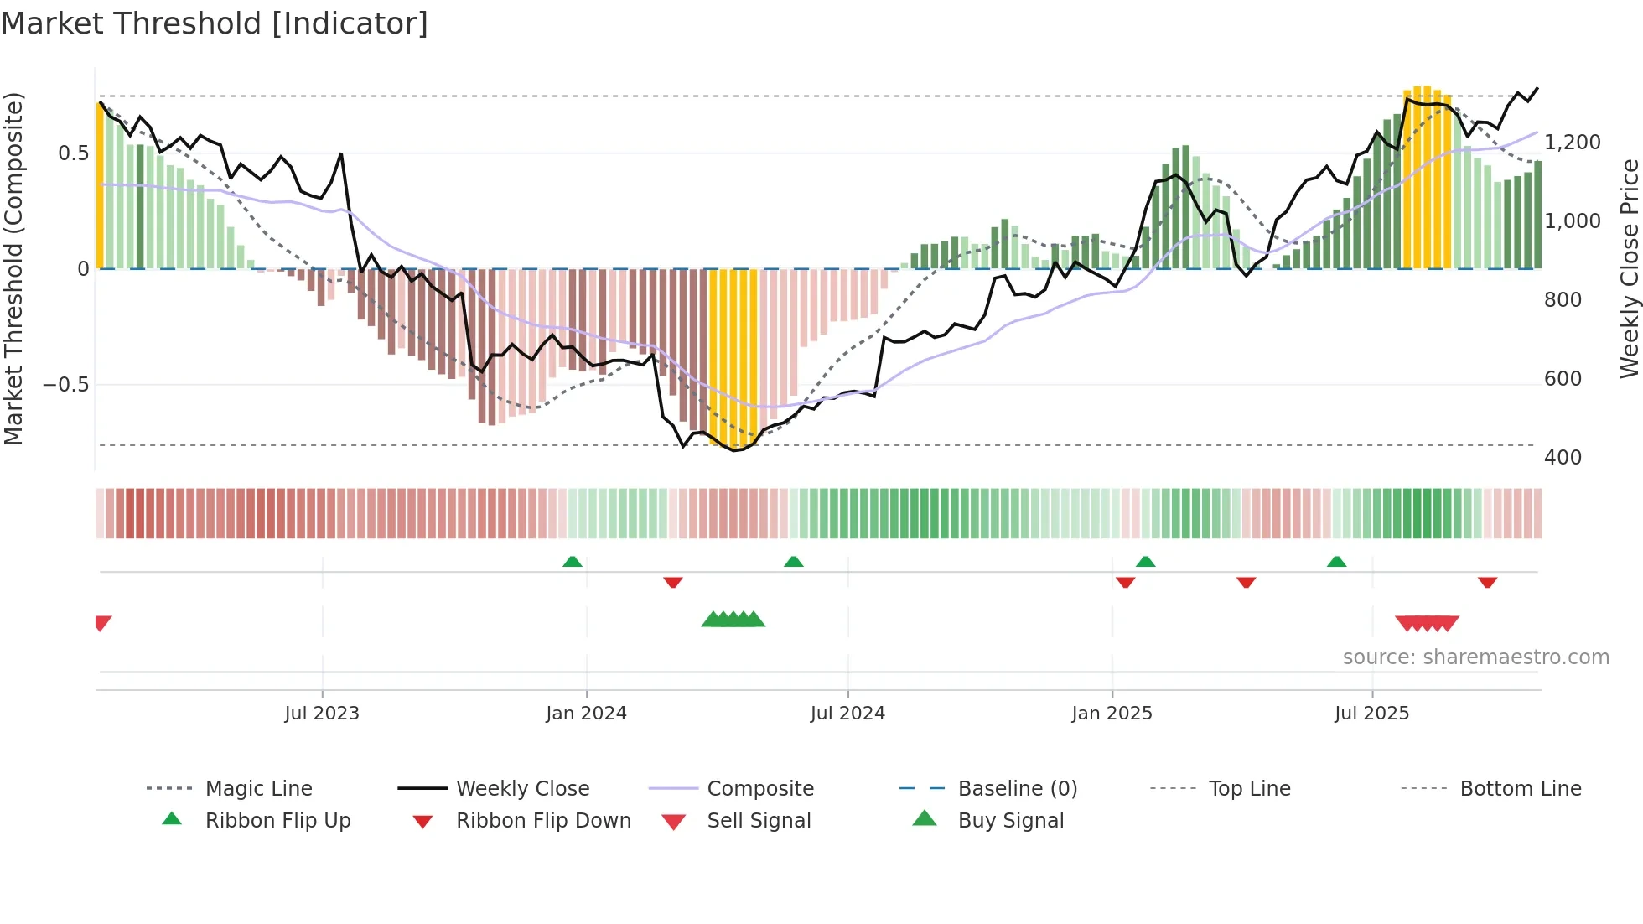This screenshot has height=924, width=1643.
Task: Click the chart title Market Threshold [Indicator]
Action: pos(215,23)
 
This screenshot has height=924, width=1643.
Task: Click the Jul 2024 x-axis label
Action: pos(847,713)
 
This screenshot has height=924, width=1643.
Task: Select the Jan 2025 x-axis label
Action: pos(1112,713)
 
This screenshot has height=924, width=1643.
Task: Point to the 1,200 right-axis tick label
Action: pos(1573,143)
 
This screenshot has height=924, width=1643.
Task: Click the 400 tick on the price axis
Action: pos(1563,458)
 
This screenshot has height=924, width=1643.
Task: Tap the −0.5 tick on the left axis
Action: pos(65,385)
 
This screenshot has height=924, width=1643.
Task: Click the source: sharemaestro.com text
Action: pos(1475,657)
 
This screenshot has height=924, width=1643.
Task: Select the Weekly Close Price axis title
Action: pos(1629,268)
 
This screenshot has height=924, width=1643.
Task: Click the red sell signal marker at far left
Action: pos(102,622)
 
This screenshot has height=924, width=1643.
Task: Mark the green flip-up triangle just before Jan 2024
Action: pos(573,561)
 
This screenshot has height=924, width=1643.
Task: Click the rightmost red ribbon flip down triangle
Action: pos(1487,583)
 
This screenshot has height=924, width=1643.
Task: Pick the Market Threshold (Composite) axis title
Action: pos(13,268)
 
